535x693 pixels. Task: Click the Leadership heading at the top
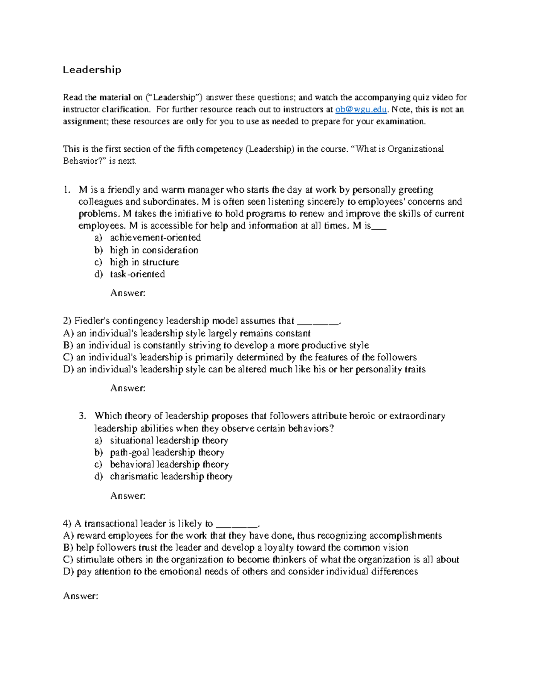coord(92,70)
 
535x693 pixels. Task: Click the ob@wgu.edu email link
coord(361,109)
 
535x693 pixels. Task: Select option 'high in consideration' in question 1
coord(154,250)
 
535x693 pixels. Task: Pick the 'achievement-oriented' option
coord(155,237)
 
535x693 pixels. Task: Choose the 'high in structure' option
coord(144,262)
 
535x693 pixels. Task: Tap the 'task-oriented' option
coord(137,274)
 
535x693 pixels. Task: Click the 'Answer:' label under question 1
coord(128,293)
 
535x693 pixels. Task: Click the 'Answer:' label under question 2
coord(128,388)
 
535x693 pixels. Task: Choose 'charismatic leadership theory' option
coord(171,477)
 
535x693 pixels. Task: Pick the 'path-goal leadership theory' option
coord(167,452)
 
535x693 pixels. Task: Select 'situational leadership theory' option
coord(169,440)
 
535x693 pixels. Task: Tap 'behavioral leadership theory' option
coord(169,465)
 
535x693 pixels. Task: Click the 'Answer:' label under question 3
coord(128,496)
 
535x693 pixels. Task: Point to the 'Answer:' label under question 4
coord(80,596)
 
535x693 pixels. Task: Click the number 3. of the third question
coord(82,416)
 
